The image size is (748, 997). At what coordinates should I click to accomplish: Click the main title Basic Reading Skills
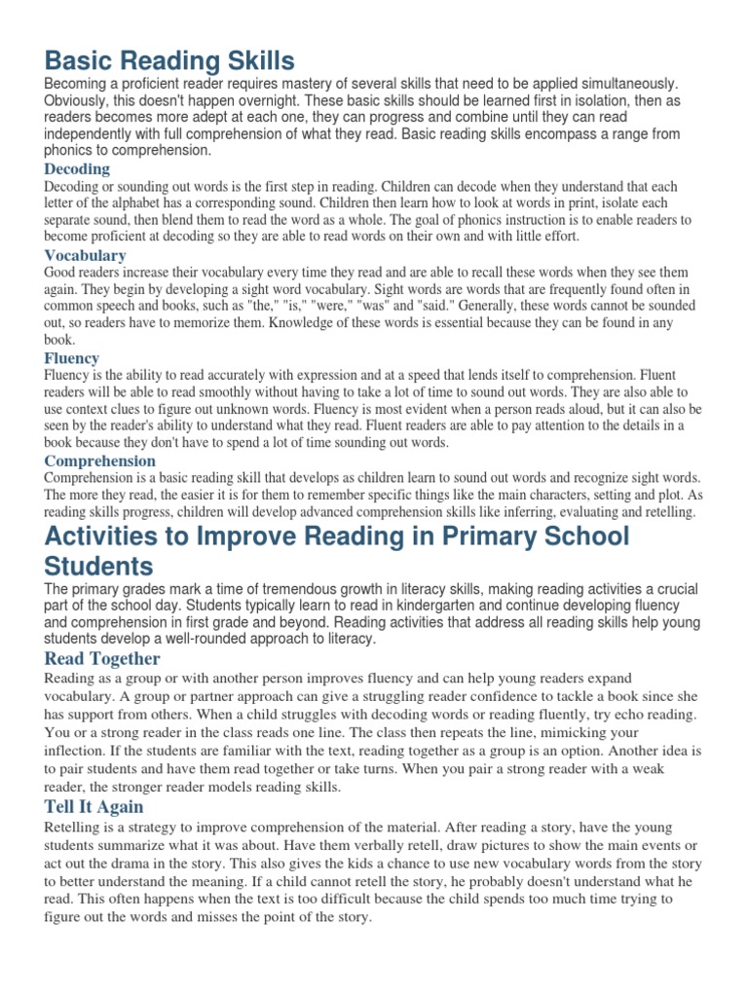click(x=168, y=61)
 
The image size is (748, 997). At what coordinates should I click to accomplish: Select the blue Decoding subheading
click(x=77, y=168)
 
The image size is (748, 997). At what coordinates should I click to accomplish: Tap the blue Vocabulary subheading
click(x=86, y=255)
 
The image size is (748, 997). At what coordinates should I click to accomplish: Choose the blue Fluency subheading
click(x=72, y=357)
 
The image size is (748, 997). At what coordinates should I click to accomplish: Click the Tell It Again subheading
click(x=93, y=806)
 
